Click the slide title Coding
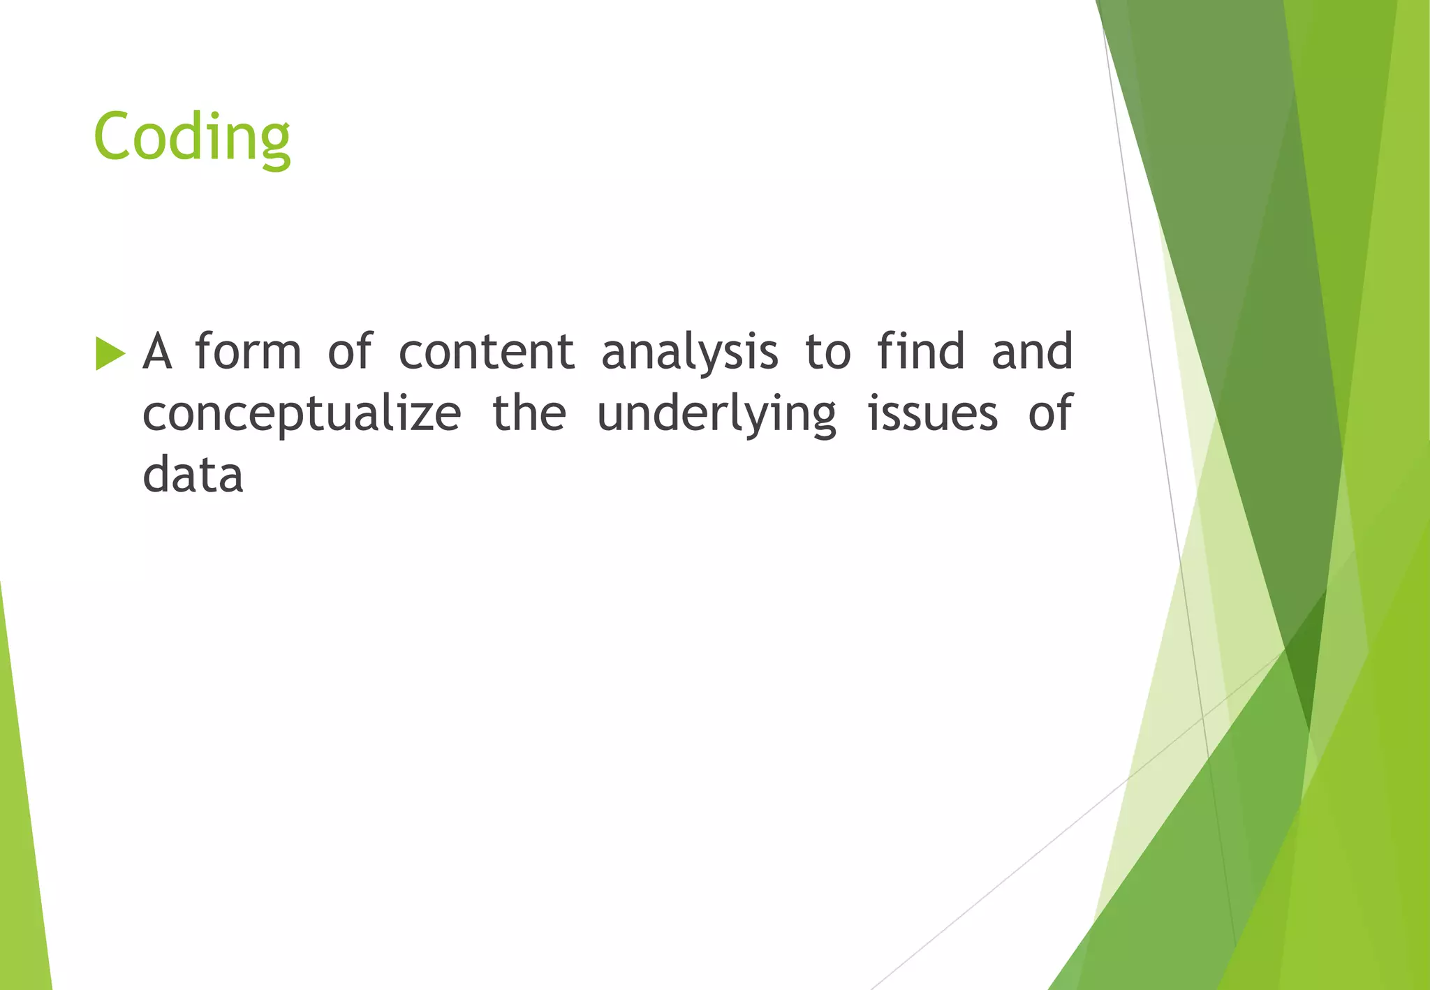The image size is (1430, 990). tap(192, 137)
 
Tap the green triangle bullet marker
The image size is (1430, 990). tap(110, 353)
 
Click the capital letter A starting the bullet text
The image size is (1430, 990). tap(157, 351)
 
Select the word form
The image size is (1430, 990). tap(248, 350)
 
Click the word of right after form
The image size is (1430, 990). tap(350, 350)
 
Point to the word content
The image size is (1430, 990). tap(487, 351)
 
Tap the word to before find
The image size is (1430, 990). tap(827, 352)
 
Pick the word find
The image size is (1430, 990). tap(921, 350)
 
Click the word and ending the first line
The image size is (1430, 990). tap(1032, 351)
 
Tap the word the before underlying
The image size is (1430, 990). tap(529, 413)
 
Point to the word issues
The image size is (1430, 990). tap(932, 413)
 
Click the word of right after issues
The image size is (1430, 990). tap(1049, 413)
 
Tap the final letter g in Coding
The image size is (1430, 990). tap(275, 143)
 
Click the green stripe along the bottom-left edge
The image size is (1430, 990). tap(21, 838)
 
